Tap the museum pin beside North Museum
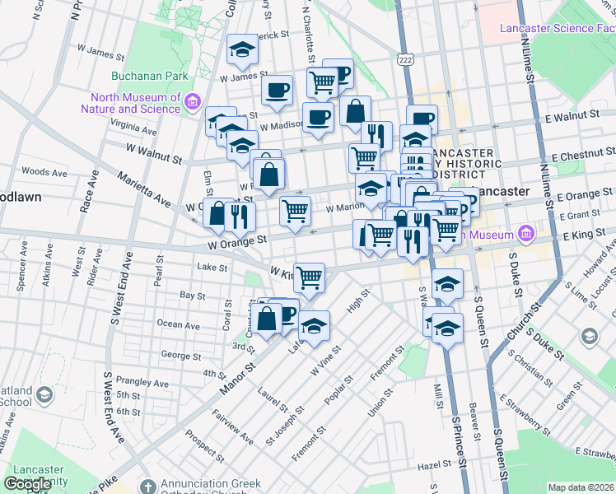[193, 102]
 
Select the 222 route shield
[404, 60]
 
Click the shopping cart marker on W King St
[309, 277]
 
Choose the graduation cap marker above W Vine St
[314, 326]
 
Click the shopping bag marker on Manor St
[268, 317]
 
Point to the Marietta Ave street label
[143, 190]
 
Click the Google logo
[27, 484]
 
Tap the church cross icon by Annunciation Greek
[147, 487]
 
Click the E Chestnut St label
[583, 156]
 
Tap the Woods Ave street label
[38, 171]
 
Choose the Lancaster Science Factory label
[557, 29]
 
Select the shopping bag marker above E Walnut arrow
[355, 111]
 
